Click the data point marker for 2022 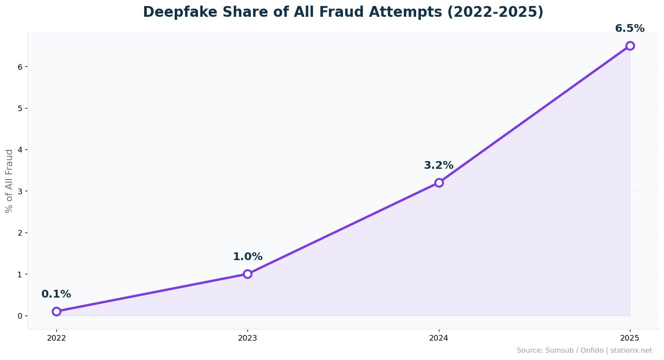[x=56, y=311]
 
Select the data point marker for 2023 [x=247, y=274]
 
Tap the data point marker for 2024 [x=439, y=183]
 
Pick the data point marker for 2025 [x=630, y=46]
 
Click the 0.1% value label [x=56, y=295]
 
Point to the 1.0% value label [x=247, y=257]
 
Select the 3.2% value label [x=439, y=166]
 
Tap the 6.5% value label [x=630, y=29]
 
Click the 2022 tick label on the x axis [x=56, y=338]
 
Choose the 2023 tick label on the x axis [x=247, y=338]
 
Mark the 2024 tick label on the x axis [x=439, y=338]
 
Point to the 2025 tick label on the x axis [x=630, y=338]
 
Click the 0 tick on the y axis [x=20, y=316]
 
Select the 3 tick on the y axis [x=20, y=191]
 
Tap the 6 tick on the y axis [x=20, y=67]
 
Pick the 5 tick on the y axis [x=20, y=108]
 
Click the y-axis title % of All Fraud [x=9, y=181]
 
